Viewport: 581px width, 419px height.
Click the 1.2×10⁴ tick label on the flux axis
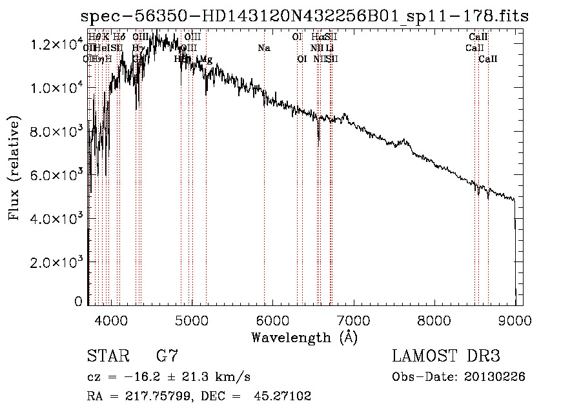click(57, 44)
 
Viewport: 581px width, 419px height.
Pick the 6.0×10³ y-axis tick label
click(57, 175)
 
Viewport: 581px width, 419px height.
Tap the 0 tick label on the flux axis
click(79, 301)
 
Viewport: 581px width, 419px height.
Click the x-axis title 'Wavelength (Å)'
click(304, 337)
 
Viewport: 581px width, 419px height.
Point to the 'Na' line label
click(263, 48)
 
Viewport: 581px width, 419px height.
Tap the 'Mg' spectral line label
click(206, 59)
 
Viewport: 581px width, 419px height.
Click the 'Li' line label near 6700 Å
click(330, 48)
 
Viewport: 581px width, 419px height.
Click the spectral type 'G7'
click(167, 356)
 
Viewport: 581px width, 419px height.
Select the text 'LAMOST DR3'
click(446, 356)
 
